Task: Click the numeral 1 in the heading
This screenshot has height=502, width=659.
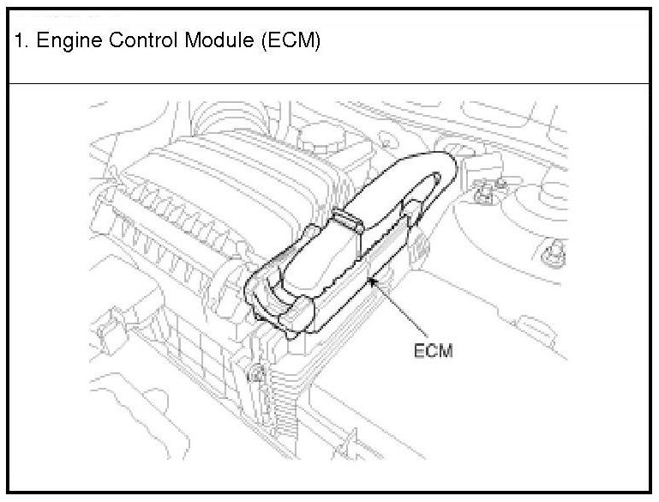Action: point(19,41)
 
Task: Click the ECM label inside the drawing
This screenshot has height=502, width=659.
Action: point(433,352)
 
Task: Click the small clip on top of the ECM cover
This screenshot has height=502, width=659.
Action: point(346,222)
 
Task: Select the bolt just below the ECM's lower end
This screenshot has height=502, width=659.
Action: point(255,373)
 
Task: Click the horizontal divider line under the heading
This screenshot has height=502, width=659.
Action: point(329,83)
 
